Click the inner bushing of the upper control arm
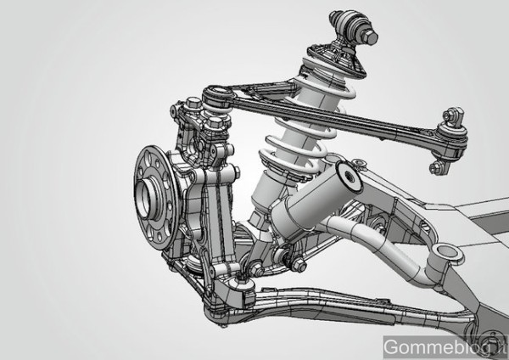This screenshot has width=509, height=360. [x=451, y=136]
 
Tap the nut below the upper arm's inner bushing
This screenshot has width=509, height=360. [x=438, y=168]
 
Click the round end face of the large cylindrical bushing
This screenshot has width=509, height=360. [x=350, y=177]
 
